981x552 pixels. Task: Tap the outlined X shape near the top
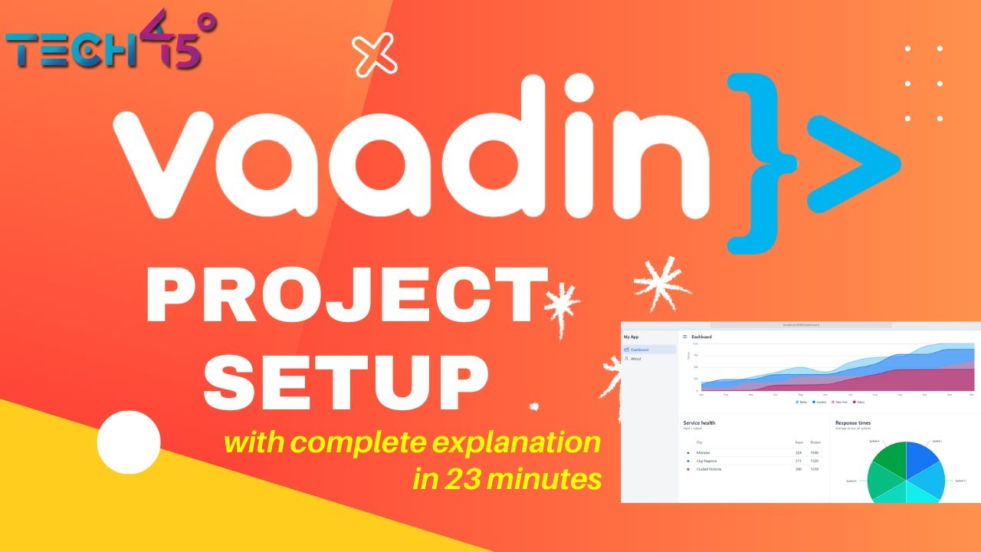[375, 55]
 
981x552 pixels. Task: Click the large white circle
[129, 442]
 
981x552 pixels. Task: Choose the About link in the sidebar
[635, 359]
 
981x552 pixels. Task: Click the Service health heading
[699, 422]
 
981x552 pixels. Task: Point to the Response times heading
[852, 422]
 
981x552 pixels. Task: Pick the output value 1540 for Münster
[815, 453]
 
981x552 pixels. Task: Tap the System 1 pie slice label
[937, 442]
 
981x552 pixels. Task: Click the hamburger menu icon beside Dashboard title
[684, 337]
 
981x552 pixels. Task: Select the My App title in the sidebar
[631, 337]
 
